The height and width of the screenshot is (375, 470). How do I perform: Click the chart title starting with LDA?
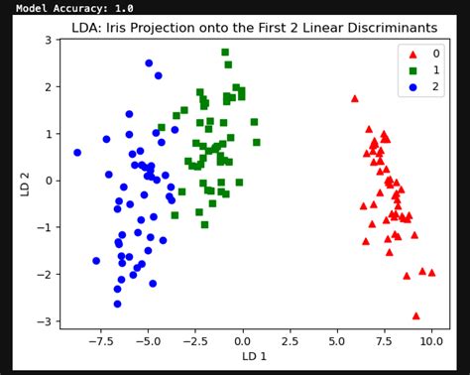click(x=254, y=27)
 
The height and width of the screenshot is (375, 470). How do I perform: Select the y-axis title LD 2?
click(x=24, y=184)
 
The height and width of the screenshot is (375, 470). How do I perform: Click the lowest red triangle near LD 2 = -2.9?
click(x=415, y=315)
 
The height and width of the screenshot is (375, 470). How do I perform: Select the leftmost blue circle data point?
click(x=77, y=153)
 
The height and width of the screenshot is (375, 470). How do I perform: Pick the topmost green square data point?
click(x=225, y=52)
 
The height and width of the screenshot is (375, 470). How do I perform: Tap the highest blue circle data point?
click(x=149, y=62)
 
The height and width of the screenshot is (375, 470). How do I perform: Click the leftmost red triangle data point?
click(x=355, y=98)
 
